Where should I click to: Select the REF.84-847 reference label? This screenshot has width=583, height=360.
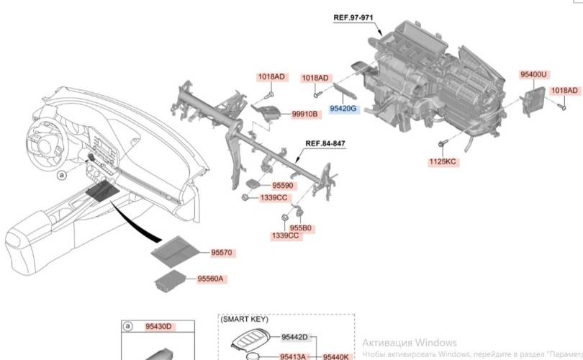(326, 143)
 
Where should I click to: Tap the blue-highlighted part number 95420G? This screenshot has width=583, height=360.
(343, 108)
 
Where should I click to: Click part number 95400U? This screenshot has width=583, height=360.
(533, 74)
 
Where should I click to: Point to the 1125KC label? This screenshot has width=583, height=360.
(441, 161)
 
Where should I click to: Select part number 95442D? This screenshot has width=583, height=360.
(294, 337)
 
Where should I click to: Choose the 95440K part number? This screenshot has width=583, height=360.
(335, 356)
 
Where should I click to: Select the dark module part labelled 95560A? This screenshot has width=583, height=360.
(171, 280)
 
